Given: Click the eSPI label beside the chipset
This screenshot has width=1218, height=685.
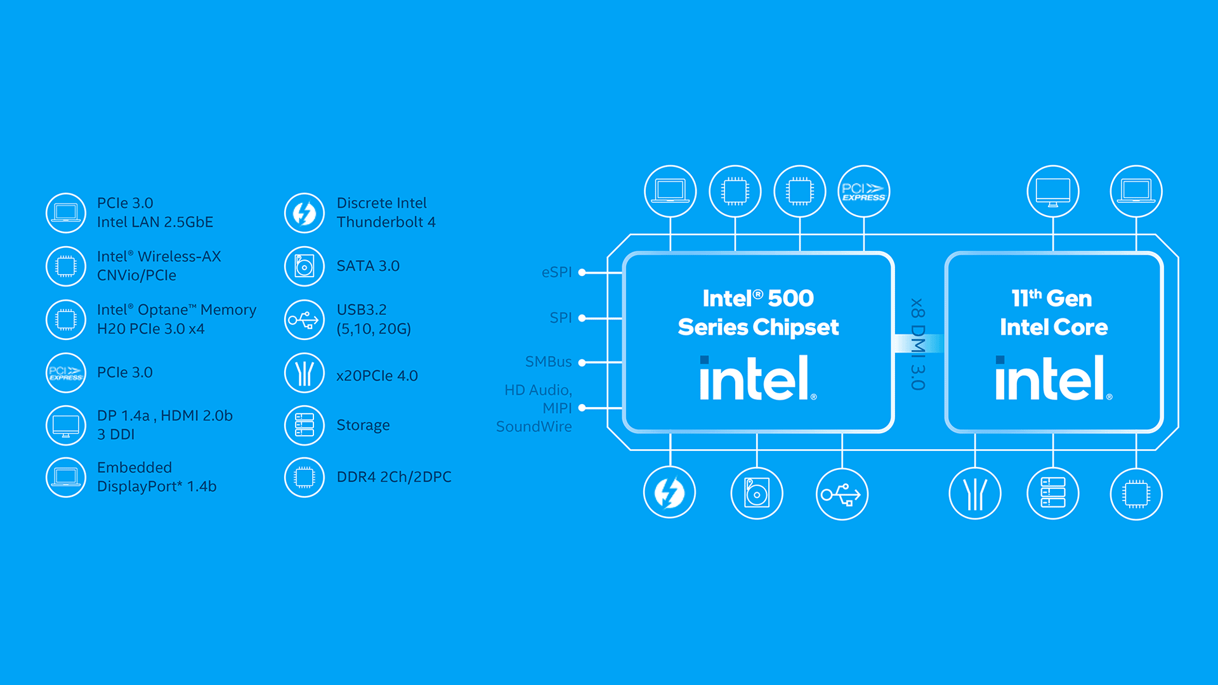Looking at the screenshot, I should click(x=556, y=272).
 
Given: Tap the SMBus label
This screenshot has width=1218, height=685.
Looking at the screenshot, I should click(x=548, y=362).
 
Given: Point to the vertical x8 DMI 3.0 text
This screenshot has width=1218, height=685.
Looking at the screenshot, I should click(x=917, y=344).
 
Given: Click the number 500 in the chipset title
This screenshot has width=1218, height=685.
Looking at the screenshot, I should click(x=790, y=298).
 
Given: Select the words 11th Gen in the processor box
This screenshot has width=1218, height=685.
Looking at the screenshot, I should click(x=1051, y=298).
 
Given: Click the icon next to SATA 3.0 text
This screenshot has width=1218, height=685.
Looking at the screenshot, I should click(x=304, y=266).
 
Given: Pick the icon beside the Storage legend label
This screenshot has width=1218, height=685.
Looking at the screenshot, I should click(x=304, y=425).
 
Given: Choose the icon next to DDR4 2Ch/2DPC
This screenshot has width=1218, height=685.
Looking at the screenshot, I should click(x=304, y=477).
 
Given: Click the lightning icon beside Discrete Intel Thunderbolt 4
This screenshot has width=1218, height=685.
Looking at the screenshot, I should click(x=304, y=213).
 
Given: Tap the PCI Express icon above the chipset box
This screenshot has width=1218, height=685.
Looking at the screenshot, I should click(x=863, y=192).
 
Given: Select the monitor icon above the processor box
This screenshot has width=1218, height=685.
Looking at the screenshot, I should click(x=1053, y=192).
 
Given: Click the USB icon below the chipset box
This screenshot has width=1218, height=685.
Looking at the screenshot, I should click(x=842, y=493).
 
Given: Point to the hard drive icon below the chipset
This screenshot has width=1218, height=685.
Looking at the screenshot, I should click(x=757, y=493).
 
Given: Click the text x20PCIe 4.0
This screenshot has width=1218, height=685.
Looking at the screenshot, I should click(x=377, y=375).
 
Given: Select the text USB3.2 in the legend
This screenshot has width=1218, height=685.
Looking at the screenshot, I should click(x=362, y=310).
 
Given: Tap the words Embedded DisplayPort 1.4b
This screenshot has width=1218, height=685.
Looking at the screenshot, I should click(x=156, y=477).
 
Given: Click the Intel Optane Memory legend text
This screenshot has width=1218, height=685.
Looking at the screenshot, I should click(x=176, y=319).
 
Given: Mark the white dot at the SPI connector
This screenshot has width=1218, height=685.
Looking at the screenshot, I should click(x=582, y=318).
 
